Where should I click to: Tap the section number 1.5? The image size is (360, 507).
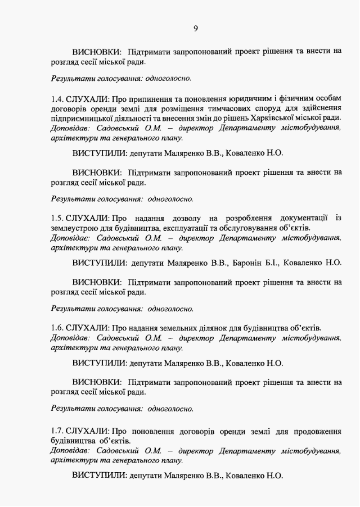57,218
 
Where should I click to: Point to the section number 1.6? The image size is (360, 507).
57,328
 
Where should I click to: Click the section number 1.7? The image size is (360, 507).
57,431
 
